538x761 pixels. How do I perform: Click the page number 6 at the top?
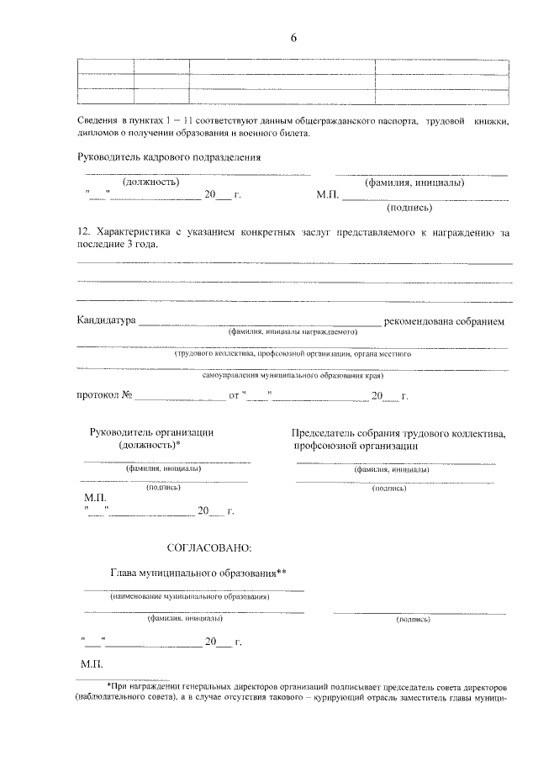[x=293, y=38]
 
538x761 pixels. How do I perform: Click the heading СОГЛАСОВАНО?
[x=209, y=548]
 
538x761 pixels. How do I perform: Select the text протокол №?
[x=105, y=395]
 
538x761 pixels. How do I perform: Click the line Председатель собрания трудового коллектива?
[x=399, y=432]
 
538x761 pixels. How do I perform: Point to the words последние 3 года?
[x=117, y=244]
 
